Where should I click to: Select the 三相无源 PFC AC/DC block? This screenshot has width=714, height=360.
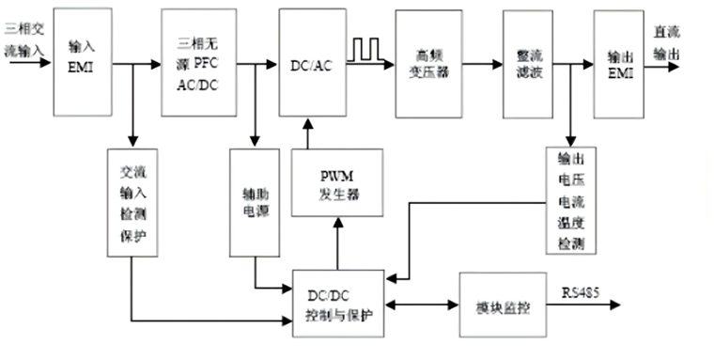pyautogui.click(x=196, y=61)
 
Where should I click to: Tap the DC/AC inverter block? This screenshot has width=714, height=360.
pyautogui.click(x=310, y=63)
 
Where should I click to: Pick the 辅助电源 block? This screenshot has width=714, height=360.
pyautogui.click(x=255, y=201)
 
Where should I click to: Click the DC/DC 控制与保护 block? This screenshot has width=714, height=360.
pyautogui.click(x=337, y=302)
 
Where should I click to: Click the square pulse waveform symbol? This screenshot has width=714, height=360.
pyautogui.click(x=363, y=50)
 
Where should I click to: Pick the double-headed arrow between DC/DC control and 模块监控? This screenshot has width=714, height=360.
pyautogui.click(x=421, y=305)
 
